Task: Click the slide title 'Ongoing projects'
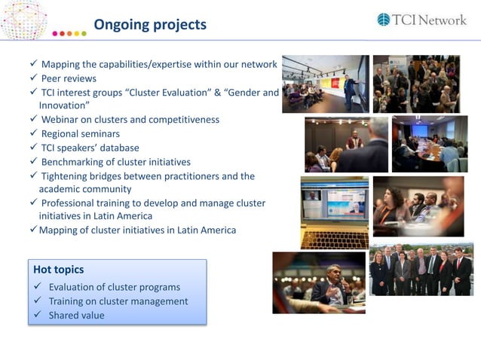(149, 25)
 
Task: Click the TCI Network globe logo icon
(384, 20)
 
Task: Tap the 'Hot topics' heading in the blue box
(59, 269)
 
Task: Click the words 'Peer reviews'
(69, 78)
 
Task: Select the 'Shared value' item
(76, 316)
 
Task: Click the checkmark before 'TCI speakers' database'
(34, 148)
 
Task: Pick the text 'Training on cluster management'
(118, 301)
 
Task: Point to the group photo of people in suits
(420, 269)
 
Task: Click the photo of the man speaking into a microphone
(318, 282)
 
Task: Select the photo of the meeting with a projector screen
(429, 143)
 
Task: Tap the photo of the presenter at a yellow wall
(325, 84)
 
